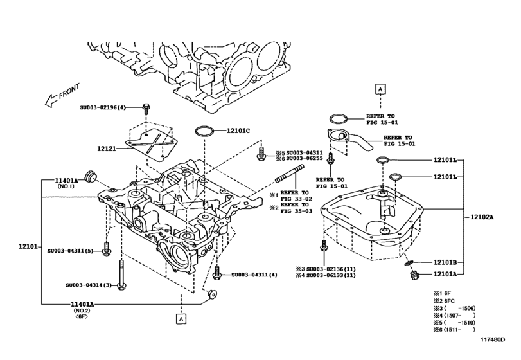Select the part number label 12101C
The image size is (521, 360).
[x=238, y=130]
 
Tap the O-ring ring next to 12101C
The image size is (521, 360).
[x=204, y=131]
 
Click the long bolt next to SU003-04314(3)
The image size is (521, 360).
[x=121, y=273]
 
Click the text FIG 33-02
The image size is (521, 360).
[x=296, y=199]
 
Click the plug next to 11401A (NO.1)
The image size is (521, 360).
[x=90, y=174]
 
